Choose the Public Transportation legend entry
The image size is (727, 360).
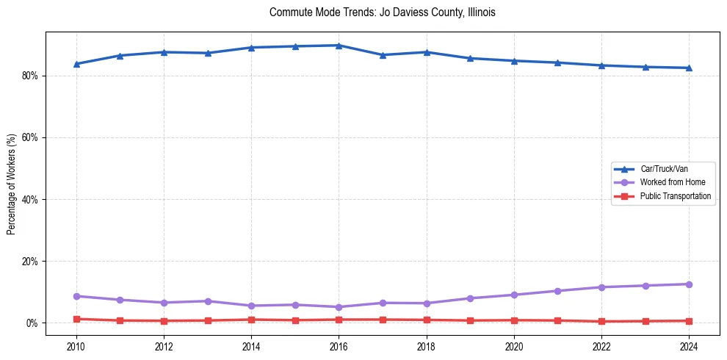pos(675,196)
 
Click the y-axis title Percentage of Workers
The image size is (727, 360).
pos(12,184)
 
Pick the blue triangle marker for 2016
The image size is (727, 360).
pos(339,46)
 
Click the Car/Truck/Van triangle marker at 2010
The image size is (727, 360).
pos(76,64)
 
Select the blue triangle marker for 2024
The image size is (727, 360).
pos(689,68)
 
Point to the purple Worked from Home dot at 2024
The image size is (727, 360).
pos(689,284)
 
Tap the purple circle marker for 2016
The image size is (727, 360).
pos(339,307)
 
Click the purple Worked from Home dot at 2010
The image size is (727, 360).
pos(76,296)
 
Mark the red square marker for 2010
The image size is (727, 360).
pos(76,319)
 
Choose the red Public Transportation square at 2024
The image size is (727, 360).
pos(689,321)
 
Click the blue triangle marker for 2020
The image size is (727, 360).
pos(514,61)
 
